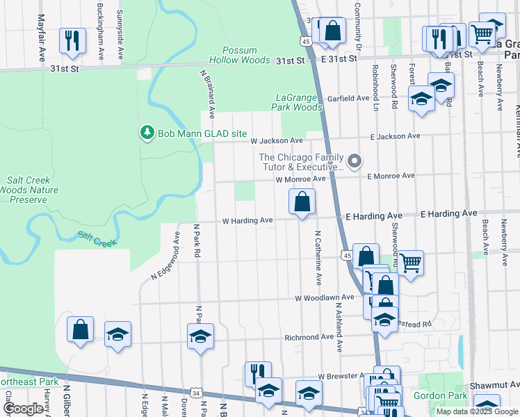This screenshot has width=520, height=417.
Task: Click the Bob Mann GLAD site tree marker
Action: tap(147, 132)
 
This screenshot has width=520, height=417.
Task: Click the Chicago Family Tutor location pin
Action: tap(355, 162)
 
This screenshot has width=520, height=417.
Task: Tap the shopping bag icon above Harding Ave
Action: tap(302, 203)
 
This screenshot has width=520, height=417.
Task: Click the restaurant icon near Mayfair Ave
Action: tap(72, 41)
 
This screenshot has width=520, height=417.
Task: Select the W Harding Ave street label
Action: tap(247, 220)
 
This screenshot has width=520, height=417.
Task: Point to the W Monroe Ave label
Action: tap(300, 179)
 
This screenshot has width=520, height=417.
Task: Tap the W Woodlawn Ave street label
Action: tap(325, 298)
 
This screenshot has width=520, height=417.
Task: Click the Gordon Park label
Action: tap(430, 395)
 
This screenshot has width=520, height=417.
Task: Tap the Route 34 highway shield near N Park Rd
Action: tap(197, 394)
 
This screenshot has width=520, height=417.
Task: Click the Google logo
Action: tap(23, 409)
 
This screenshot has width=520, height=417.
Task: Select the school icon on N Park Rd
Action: tap(200, 337)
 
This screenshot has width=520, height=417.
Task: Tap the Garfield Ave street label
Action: tap(348, 98)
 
